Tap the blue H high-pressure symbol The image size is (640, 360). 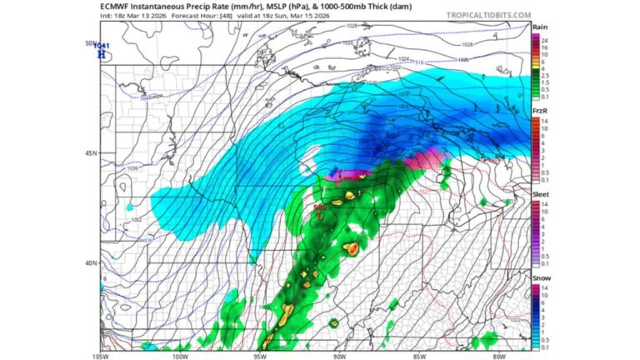tap(102, 54)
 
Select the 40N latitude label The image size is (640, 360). tap(92, 262)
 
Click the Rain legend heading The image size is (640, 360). tap(539, 27)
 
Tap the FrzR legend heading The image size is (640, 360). tap(539, 110)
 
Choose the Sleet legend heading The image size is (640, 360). tap(540, 193)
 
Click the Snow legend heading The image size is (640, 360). tap(540, 277)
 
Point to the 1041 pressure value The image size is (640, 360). tap(102, 45)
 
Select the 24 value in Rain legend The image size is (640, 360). tap(544, 41)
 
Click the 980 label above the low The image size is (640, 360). tap(319, 207)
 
